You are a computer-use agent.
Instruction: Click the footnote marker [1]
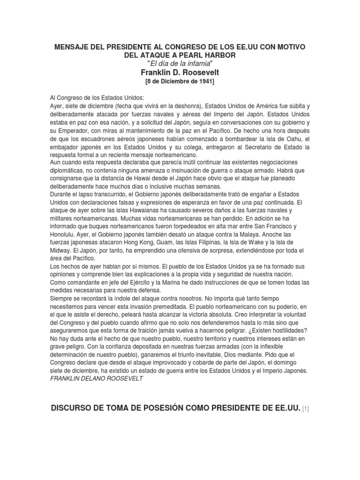(x=306, y=409)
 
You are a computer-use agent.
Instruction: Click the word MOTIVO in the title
(x=287, y=47)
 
